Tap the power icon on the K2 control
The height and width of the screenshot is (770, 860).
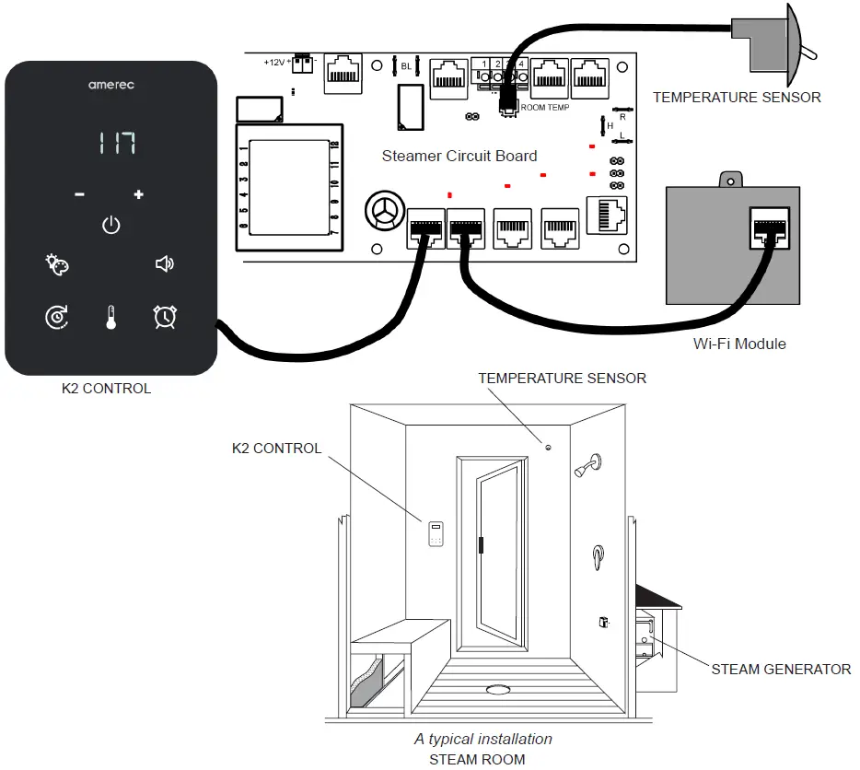pos(110,225)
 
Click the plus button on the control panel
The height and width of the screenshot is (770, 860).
pos(139,194)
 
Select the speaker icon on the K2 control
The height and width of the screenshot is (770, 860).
pos(164,265)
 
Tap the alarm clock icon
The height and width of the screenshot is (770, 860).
pos(165,317)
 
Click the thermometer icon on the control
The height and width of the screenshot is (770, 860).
pos(111,318)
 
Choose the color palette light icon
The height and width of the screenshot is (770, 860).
pos(57,265)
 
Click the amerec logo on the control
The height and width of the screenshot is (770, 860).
pos(111,85)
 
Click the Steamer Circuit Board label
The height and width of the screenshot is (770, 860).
pos(459,156)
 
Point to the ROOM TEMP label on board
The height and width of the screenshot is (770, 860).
pos(545,108)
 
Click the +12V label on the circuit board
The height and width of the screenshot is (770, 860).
pos(274,63)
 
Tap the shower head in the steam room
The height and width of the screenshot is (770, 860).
pos(590,464)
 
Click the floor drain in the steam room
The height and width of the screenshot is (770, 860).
pos(498,689)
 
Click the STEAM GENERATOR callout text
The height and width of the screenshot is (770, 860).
pos(781,670)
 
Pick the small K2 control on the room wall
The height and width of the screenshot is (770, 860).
pos(436,533)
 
